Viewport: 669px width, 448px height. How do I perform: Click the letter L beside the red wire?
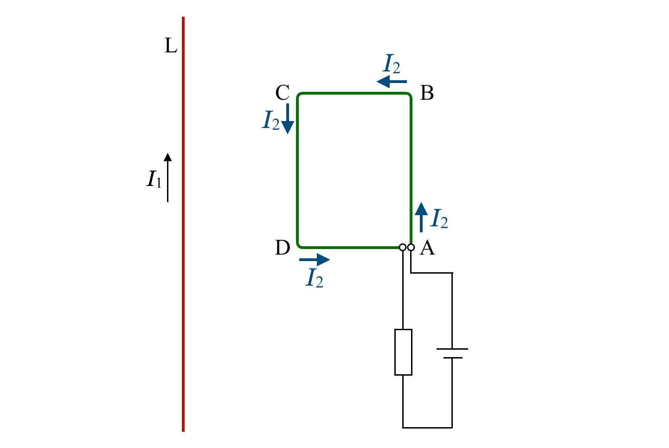click(x=171, y=46)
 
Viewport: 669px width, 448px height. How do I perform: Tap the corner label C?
click(x=283, y=93)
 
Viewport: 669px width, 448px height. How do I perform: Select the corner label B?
click(x=427, y=93)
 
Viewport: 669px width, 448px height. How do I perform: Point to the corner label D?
click(x=283, y=248)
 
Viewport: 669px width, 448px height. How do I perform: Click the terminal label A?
click(x=427, y=248)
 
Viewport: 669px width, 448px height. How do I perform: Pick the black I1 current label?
click(x=154, y=179)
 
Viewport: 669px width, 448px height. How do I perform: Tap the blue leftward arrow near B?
click(x=392, y=82)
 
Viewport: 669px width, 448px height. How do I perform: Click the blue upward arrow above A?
click(x=421, y=217)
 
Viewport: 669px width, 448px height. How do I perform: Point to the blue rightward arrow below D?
click(x=315, y=260)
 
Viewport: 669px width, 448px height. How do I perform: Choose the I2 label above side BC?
click(x=392, y=64)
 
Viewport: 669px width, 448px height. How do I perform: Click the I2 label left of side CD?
click(x=271, y=120)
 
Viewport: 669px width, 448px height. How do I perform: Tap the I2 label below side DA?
click(x=315, y=278)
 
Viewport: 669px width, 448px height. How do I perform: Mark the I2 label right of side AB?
click(x=439, y=219)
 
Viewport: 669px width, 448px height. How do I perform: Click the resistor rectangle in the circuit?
click(x=403, y=352)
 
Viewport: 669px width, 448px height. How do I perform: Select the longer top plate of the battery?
click(x=452, y=349)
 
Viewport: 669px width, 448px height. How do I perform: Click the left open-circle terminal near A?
click(x=403, y=247)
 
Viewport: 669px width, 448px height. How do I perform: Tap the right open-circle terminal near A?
click(x=411, y=247)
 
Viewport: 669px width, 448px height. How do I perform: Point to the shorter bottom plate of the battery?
click(x=452, y=358)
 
